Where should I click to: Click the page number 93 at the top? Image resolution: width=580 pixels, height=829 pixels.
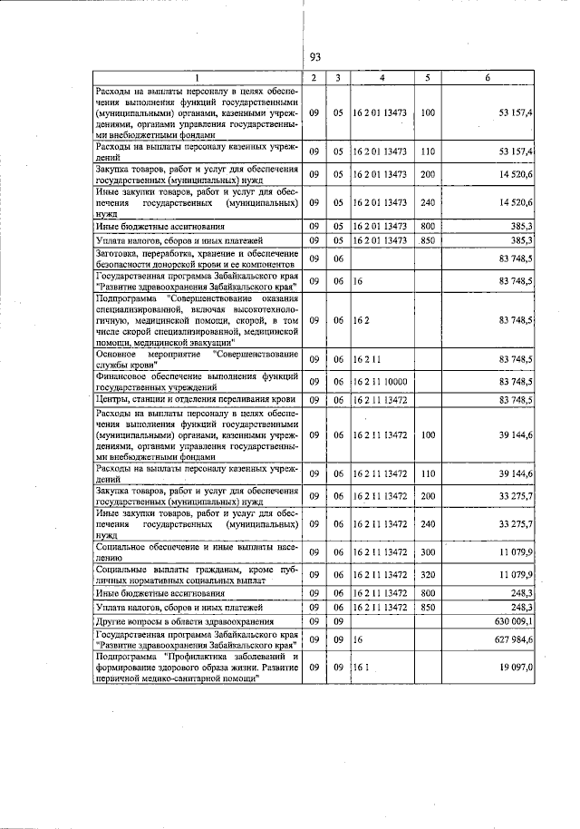coord(314,56)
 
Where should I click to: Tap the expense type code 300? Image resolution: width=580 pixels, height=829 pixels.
coord(428,551)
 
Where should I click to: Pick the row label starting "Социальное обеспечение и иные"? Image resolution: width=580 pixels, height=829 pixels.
coord(196,552)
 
